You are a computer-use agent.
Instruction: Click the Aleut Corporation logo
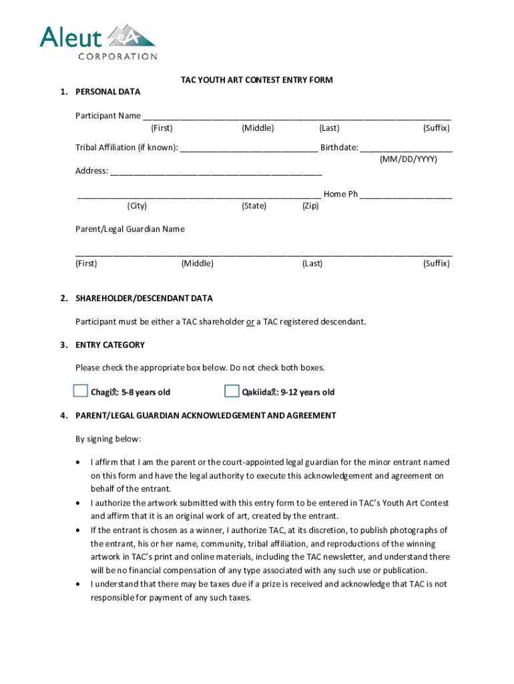pos(98,41)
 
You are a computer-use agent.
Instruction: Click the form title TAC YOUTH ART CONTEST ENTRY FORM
pos(257,80)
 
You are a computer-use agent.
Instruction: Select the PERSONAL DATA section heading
pos(107,92)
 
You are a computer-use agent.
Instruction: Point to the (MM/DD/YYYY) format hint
pos(409,160)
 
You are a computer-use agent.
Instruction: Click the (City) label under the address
pos(138,206)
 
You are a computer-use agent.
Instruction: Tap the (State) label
pos(254,206)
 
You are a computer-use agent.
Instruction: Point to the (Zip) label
pos(310,206)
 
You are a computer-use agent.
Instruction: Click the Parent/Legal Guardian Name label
pos(130,229)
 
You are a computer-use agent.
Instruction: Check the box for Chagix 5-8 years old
pos(81,391)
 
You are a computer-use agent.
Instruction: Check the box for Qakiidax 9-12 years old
pos(232,391)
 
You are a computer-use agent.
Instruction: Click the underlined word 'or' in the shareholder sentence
pos(250,322)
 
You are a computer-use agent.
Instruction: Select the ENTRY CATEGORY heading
pos(109,345)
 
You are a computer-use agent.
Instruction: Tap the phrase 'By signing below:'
pos(108,439)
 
